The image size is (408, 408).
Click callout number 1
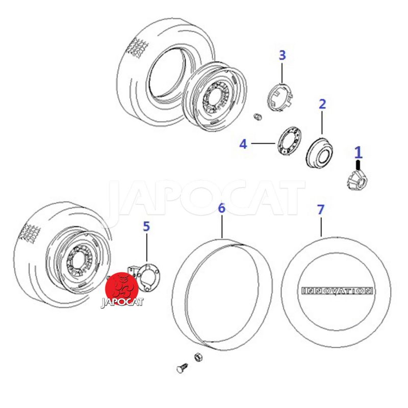tap(359, 152)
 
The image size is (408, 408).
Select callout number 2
tap(322, 104)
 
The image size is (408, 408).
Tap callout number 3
tap(283, 55)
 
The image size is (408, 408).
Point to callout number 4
tap(243, 144)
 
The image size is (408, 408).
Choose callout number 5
tap(146, 226)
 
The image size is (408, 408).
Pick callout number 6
tap(221, 208)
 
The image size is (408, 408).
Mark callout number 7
tap(321, 210)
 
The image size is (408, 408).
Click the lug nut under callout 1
tap(358, 181)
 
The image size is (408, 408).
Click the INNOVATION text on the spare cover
tap(337, 291)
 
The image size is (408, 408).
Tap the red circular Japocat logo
tap(122, 289)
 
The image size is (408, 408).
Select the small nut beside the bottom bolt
tap(198, 357)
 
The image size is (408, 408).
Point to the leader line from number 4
tap(263, 143)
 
